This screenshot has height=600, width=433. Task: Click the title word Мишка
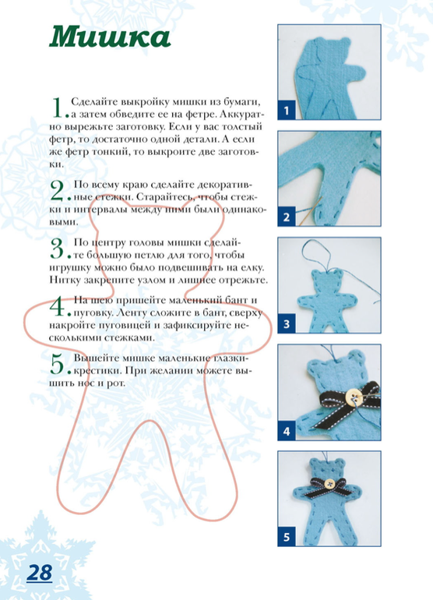point(110,37)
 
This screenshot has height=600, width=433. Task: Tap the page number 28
point(40,573)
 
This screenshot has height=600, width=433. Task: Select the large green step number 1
point(57,108)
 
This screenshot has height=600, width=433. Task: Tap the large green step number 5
point(57,364)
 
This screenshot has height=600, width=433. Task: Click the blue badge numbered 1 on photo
point(287,111)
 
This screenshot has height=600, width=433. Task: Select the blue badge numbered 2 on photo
point(287,217)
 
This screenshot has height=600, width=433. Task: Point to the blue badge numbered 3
point(287,323)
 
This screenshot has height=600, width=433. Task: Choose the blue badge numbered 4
point(287,431)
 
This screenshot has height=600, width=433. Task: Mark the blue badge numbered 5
point(287,537)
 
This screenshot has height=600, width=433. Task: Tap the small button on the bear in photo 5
point(329,485)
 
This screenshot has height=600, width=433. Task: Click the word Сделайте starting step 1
point(94,102)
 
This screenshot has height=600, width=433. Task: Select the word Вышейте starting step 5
point(95,358)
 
